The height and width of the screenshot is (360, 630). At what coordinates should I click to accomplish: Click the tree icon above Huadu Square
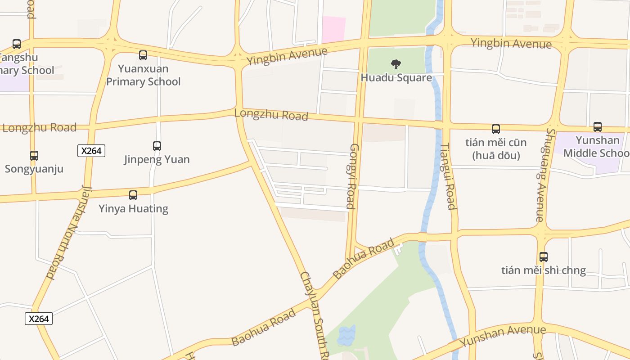tap(396, 64)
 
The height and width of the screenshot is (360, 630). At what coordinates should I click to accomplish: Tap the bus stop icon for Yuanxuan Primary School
tap(143, 55)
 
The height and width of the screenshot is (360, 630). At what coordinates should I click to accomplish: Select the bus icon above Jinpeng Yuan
tap(157, 146)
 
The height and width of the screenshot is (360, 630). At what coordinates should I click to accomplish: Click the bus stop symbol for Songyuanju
tap(34, 156)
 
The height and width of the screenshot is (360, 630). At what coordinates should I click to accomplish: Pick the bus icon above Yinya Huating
tap(133, 195)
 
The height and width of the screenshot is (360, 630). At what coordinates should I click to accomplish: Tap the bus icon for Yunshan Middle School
tap(598, 127)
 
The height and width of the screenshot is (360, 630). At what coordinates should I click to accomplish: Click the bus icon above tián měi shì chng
tap(544, 257)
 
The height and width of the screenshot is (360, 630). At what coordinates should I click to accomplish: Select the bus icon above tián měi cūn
tap(496, 129)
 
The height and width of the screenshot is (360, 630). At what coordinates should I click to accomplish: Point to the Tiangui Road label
tap(448, 176)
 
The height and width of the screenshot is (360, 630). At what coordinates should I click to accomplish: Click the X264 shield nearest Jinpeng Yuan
tap(92, 151)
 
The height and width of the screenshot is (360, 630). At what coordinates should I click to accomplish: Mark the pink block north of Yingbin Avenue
tap(333, 29)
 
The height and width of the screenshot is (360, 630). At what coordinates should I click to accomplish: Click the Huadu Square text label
tap(396, 77)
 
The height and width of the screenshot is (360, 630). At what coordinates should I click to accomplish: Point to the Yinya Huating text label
tap(133, 209)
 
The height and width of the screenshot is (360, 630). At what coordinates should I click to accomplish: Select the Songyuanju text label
tap(34, 169)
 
